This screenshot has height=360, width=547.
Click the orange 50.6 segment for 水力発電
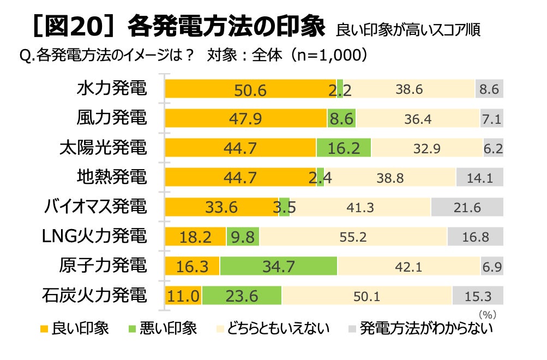(250, 89)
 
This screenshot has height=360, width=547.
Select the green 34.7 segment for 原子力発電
(278, 266)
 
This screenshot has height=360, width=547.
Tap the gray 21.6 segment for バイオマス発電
(467, 207)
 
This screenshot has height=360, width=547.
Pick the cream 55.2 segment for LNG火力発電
(353, 237)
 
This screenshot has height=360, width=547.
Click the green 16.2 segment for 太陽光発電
(344, 148)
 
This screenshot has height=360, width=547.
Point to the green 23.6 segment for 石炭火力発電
(242, 296)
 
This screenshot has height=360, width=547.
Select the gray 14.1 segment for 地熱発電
(480, 177)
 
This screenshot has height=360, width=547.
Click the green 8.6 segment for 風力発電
(341, 118)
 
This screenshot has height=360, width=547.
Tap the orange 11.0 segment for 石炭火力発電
(183, 296)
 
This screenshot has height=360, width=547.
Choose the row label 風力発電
(112, 117)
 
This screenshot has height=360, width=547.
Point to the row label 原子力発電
(103, 265)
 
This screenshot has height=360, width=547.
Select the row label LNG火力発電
(94, 236)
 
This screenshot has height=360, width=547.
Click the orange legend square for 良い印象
(44, 329)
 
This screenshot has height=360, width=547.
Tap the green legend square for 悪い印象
(132, 329)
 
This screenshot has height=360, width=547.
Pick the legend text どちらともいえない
(278, 328)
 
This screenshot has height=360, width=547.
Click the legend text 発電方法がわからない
(426, 328)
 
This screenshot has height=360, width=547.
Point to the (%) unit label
(488, 315)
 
